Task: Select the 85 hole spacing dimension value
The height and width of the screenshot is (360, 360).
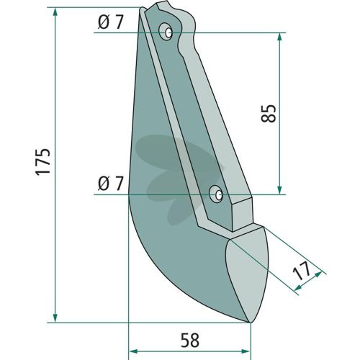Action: [269, 114]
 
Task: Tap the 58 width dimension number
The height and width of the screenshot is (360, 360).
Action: [190, 340]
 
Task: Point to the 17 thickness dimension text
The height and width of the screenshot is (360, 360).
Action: [302, 271]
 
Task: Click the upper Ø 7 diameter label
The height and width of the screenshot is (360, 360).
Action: [110, 22]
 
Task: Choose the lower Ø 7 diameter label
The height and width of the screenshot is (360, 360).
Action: [110, 184]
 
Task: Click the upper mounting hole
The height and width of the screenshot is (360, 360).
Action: [168, 33]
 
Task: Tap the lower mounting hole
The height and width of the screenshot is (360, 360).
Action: [218, 194]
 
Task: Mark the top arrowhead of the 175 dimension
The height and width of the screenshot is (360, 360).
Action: [55, 12]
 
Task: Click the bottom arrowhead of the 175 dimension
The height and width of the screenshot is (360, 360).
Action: [55, 318]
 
